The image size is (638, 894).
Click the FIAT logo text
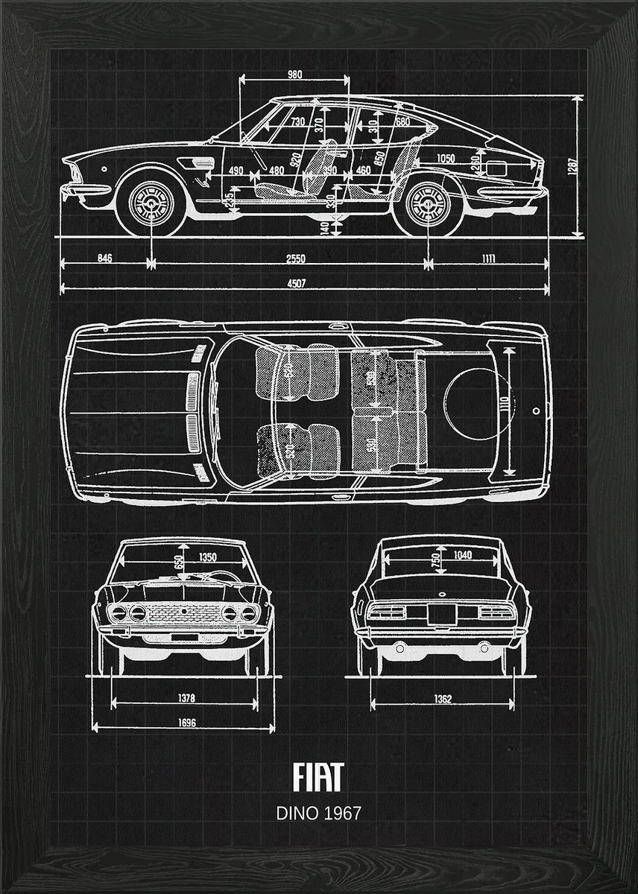coord(318,777)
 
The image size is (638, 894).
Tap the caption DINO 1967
coord(318,813)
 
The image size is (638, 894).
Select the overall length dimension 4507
coord(298,283)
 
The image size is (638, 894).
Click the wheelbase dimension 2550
coord(296,259)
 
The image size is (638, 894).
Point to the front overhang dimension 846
coord(105,259)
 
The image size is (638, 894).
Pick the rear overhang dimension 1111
coord(488,259)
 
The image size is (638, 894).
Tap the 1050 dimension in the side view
coord(446,158)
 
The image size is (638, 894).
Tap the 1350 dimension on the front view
coord(208,557)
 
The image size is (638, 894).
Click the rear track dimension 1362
coord(443,699)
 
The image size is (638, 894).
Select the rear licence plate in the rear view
coord(441,613)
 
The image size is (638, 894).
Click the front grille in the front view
coord(183,614)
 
